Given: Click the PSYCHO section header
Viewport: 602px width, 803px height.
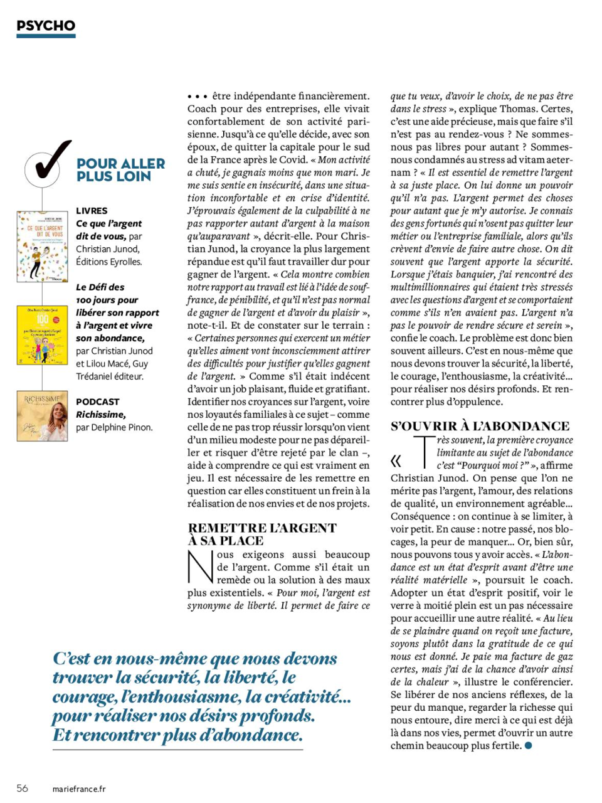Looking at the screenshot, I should click(x=46, y=26).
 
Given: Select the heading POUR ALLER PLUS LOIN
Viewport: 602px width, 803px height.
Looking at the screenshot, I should click(x=120, y=170).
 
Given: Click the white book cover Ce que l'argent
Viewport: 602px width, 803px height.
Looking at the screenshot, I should click(x=42, y=246).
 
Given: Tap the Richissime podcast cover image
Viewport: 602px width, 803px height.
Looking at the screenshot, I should click(x=42, y=416).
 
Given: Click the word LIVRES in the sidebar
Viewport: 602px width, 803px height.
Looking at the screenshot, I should click(x=92, y=211).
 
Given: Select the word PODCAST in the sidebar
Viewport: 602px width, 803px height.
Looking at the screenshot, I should click(x=97, y=401).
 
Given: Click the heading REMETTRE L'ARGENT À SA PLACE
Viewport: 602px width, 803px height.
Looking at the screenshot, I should click(x=261, y=534).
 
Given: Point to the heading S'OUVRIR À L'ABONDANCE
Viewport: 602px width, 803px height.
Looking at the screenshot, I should click(x=480, y=426).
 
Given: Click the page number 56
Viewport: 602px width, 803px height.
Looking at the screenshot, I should click(x=23, y=789).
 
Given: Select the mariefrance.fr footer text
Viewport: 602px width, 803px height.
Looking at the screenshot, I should click(x=79, y=789).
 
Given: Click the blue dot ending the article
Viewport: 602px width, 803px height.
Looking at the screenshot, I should click(x=528, y=745).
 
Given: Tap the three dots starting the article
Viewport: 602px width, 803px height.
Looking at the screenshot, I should click(x=197, y=97).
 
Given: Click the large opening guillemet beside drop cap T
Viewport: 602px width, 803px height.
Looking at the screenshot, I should click(x=396, y=461).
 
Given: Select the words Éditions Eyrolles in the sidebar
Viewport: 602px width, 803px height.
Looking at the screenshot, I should click(x=108, y=262).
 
